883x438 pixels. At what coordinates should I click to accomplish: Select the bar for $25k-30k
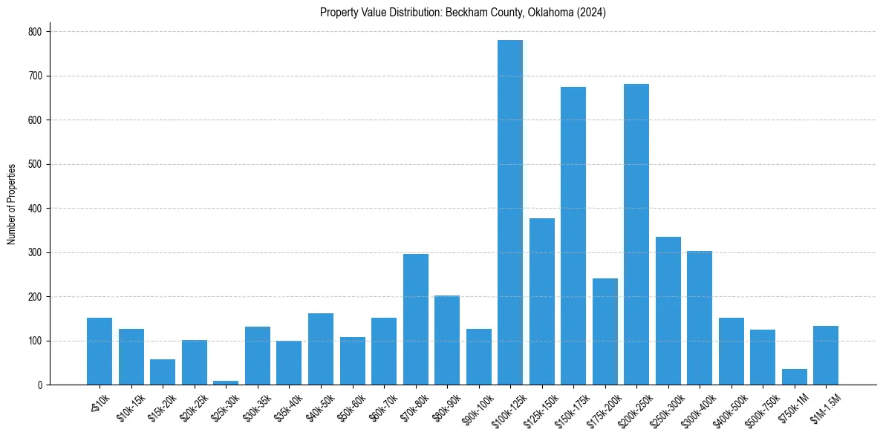coord(226,382)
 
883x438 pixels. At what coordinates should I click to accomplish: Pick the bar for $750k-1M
coord(794,377)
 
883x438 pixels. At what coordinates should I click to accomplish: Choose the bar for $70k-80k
coord(416,319)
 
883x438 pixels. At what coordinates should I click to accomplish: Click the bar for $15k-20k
coord(163,372)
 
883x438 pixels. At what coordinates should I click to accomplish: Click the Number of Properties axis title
coord(11,204)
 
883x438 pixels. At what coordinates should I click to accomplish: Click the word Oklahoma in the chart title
coord(547,13)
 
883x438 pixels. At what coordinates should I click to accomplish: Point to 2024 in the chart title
coord(591,13)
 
